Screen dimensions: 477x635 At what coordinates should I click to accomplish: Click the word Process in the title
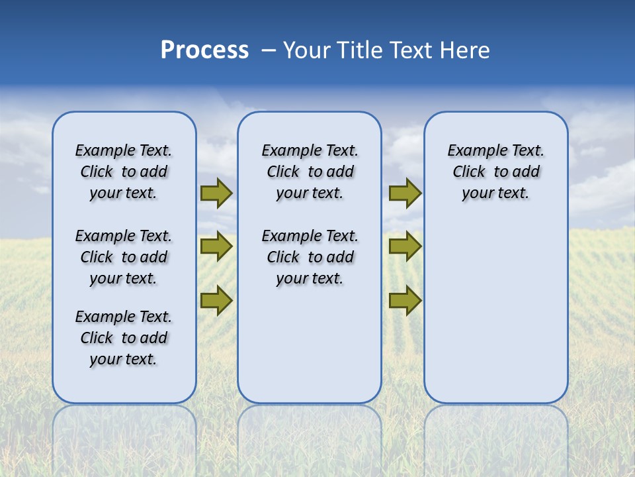pyautogui.click(x=204, y=50)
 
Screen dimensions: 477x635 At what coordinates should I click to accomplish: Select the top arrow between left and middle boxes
pyautogui.click(x=216, y=193)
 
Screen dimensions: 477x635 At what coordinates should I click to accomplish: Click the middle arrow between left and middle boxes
pyautogui.click(x=216, y=246)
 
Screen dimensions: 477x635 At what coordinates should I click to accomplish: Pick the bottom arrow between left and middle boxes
pyautogui.click(x=216, y=300)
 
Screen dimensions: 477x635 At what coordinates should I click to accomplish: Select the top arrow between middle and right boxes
pyautogui.click(x=405, y=193)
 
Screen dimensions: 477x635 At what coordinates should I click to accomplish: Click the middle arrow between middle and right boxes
pyautogui.click(x=405, y=246)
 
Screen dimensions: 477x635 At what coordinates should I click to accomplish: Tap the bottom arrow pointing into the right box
pyautogui.click(x=405, y=300)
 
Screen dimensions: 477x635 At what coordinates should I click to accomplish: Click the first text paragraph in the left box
pyautogui.click(x=124, y=172)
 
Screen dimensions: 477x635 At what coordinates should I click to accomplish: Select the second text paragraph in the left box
pyautogui.click(x=124, y=257)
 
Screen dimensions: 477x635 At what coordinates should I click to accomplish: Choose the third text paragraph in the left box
pyautogui.click(x=124, y=338)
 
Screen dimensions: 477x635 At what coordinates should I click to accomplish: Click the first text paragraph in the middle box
pyautogui.click(x=310, y=172)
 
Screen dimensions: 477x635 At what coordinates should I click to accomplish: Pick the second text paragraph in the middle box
pyautogui.click(x=310, y=257)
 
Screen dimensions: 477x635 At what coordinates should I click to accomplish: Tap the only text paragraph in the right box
pyautogui.click(x=495, y=172)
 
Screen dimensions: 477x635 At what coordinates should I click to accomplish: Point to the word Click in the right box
pyautogui.click(x=469, y=172)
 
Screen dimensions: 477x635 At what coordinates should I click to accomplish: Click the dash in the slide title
pyautogui.click(x=269, y=50)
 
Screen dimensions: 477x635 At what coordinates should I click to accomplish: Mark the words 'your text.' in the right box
pyautogui.click(x=495, y=193)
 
